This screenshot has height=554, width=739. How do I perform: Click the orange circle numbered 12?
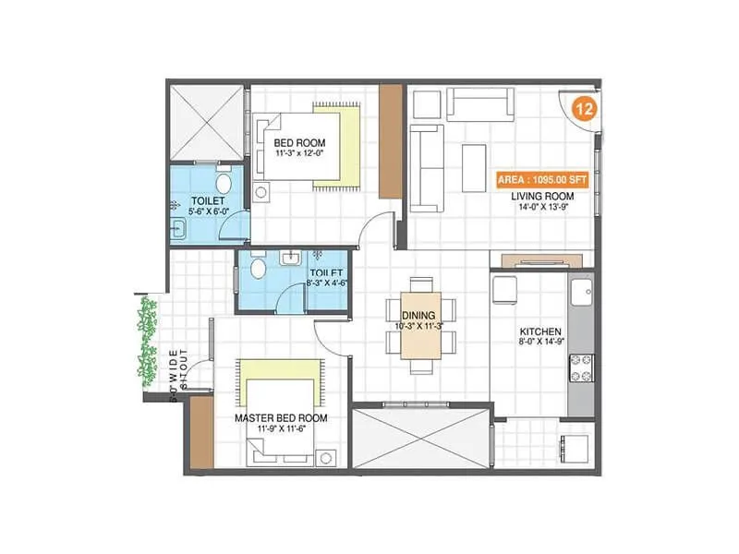click(584, 108)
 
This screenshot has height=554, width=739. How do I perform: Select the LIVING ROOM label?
click(549, 197)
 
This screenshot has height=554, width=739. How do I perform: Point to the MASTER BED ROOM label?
click(281, 418)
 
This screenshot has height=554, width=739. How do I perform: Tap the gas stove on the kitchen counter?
click(582, 367)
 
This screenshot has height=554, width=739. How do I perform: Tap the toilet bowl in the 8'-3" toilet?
click(260, 269)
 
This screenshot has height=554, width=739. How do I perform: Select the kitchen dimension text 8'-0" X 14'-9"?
click(541, 343)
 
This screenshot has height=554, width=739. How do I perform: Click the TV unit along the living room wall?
click(540, 259)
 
